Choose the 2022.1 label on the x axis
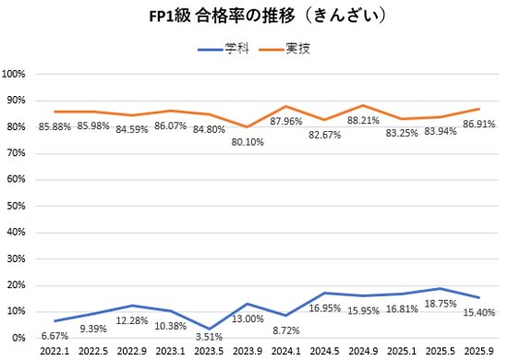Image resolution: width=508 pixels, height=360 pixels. tap(54, 352)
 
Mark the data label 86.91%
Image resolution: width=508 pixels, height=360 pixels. tap(478, 122)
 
